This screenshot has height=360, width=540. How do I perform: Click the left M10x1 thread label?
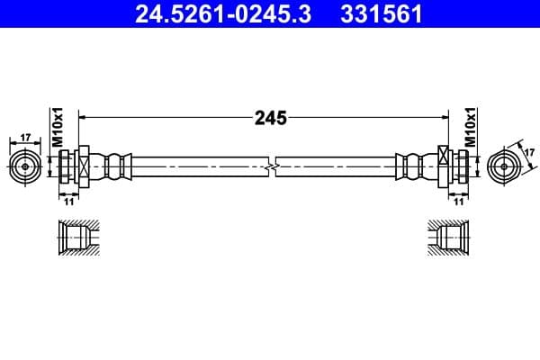coord(56,127)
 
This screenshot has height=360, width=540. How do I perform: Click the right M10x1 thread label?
coord(470,127)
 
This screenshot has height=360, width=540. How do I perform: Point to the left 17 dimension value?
coord(25,138)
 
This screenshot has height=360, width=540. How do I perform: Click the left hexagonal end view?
coord(25,167)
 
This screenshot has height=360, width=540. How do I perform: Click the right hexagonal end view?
coord(503,167)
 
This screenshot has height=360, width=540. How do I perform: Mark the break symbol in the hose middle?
coord(271,167)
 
